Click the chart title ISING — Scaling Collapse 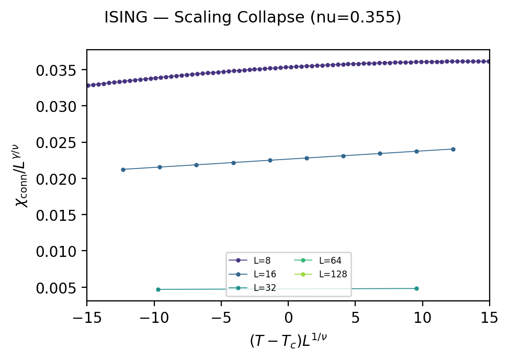tap(253, 18)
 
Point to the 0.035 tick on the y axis tap(58, 70)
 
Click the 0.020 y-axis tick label tap(58, 179)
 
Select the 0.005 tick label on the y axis tap(58, 288)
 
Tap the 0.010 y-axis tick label tap(58, 252)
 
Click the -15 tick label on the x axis tap(87, 317)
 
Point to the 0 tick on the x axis tap(288, 317)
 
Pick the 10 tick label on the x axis tap(423, 317)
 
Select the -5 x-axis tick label tap(221, 317)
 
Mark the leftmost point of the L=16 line tap(123, 170)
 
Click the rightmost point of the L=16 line tap(453, 149)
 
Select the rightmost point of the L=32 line tap(416, 288)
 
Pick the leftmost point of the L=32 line tap(158, 289)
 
